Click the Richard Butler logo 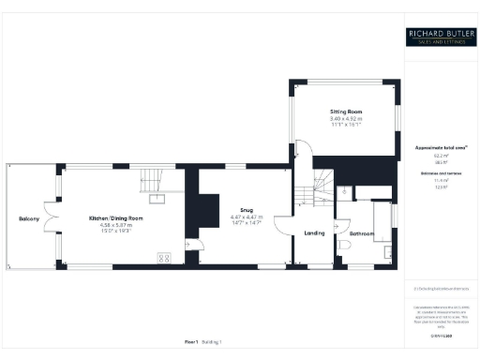441,37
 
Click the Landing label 314,233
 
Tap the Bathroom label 361,233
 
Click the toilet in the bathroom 343,247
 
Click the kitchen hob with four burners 164,258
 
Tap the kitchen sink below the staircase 155,199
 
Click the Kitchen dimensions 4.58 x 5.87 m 111,225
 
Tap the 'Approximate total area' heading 440,148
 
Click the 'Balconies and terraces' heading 440,173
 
